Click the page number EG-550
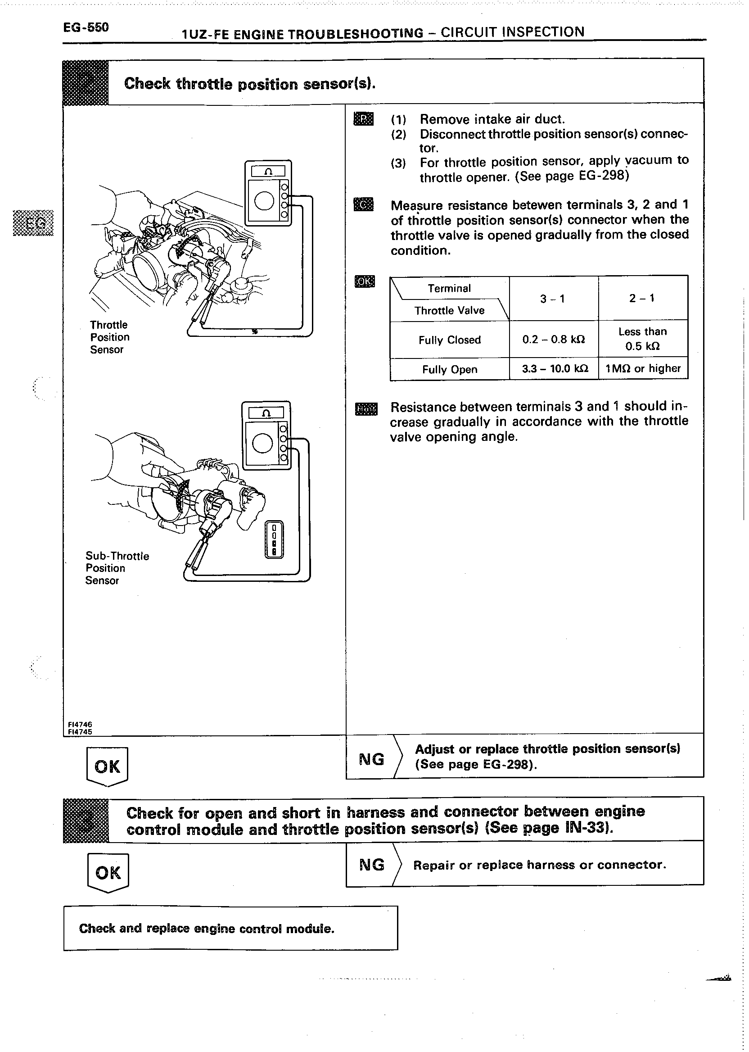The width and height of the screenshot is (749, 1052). pyautogui.click(x=86, y=27)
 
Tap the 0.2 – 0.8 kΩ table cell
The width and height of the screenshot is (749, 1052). pyautogui.click(x=554, y=340)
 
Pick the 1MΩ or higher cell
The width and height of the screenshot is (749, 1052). pyautogui.click(x=643, y=368)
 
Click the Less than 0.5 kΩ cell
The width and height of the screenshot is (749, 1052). pyautogui.click(x=642, y=339)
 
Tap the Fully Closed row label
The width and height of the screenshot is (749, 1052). pyautogui.click(x=449, y=340)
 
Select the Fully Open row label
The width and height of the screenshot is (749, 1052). pyautogui.click(x=449, y=369)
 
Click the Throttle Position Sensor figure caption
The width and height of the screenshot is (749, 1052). pyautogui.click(x=109, y=337)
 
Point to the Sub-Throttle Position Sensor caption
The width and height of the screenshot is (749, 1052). pyautogui.click(x=117, y=568)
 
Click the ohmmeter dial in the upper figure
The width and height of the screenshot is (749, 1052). pyautogui.click(x=264, y=200)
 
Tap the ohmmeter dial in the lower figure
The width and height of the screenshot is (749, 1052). pyautogui.click(x=262, y=444)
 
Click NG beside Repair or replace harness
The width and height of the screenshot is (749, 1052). pyautogui.click(x=372, y=864)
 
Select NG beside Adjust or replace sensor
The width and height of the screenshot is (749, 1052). pyautogui.click(x=371, y=759)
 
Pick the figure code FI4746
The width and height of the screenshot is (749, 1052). pyautogui.click(x=80, y=725)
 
